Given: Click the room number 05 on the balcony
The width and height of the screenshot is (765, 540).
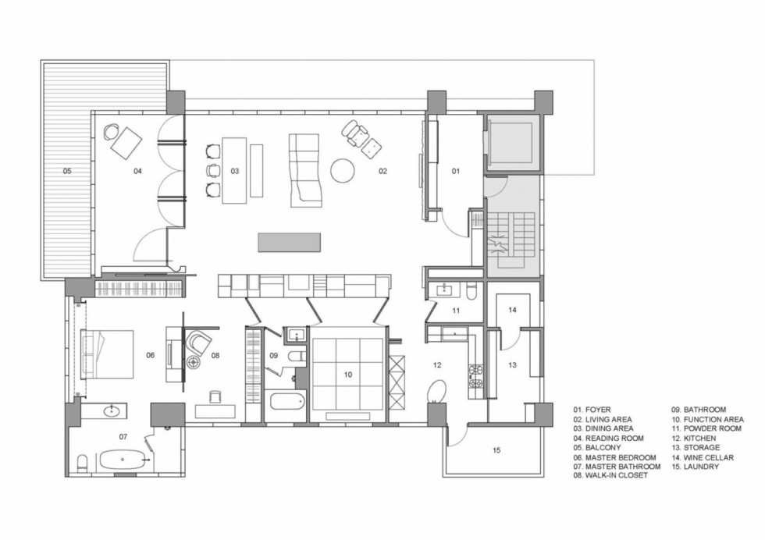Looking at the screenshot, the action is (x=67, y=171).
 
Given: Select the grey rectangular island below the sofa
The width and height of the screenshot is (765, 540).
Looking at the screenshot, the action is (x=290, y=243).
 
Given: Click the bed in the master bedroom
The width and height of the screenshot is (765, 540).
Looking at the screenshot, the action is (x=107, y=354).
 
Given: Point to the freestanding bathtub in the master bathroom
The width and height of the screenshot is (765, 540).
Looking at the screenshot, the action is (x=123, y=460).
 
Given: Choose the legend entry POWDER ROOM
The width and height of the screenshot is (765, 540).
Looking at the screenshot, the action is (x=712, y=428).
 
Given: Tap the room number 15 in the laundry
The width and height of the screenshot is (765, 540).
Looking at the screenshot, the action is (x=496, y=450).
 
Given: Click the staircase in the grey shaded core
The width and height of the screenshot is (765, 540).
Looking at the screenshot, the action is (x=512, y=239).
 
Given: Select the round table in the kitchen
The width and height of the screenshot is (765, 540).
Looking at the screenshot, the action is (x=436, y=393).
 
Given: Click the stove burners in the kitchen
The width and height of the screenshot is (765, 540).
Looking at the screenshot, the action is (x=475, y=376).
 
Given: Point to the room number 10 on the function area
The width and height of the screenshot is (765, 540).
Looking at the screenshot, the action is (x=348, y=375).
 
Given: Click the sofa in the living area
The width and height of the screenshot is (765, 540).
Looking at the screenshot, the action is (x=305, y=170).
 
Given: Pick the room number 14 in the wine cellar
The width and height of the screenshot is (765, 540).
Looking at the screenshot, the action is (x=512, y=310).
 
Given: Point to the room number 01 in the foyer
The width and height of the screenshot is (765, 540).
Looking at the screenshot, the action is (x=455, y=171).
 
